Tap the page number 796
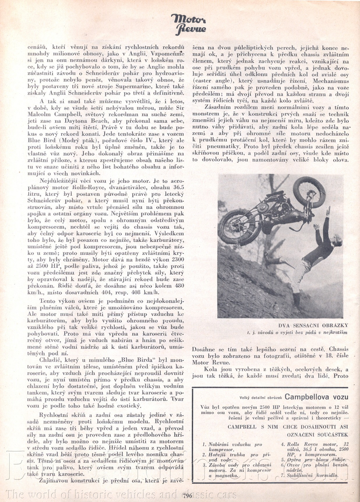click(188, 496)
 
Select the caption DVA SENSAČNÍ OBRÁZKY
click(313, 326)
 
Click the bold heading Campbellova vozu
click(316, 397)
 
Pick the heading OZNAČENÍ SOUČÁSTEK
click(317, 435)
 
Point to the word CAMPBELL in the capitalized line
click(242, 427)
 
